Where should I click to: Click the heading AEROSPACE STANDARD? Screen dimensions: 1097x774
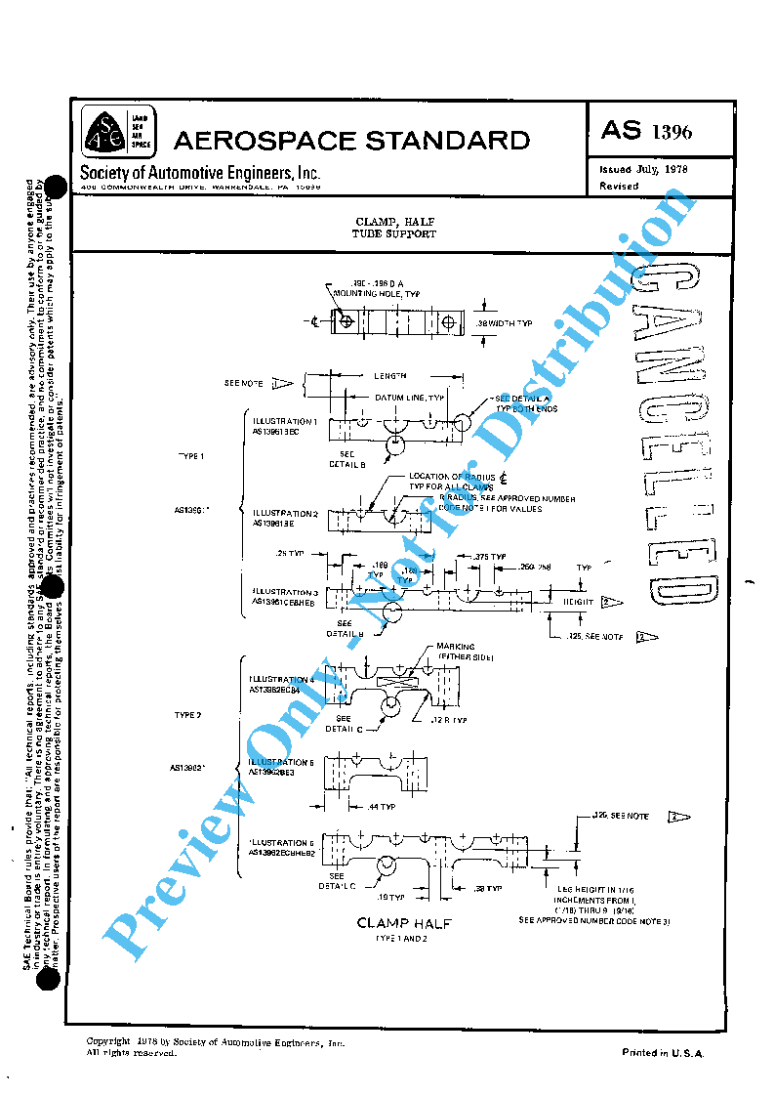tap(351, 141)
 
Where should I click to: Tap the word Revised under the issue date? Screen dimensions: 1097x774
tap(619, 186)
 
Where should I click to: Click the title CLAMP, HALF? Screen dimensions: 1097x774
tap(394, 223)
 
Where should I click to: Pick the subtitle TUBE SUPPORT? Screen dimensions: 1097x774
tap(394, 234)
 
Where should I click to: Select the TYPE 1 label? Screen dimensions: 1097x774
tap(190, 456)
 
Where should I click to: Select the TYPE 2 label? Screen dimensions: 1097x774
tap(187, 715)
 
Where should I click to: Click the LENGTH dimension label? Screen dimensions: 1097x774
tap(389, 375)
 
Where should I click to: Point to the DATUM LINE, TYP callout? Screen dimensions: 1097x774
tap(410, 398)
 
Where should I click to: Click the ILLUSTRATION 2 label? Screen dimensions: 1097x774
tap(285, 513)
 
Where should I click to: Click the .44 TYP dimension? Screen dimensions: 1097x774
tap(380, 807)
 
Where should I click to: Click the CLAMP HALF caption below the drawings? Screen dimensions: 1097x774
tap(404, 923)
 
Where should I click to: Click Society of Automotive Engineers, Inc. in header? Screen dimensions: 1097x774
tap(200, 173)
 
